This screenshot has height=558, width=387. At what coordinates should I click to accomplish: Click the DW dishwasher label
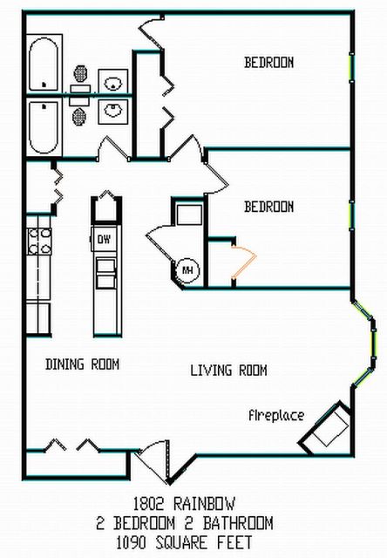tap(104, 240)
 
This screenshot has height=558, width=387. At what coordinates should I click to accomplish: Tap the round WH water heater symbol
tap(187, 270)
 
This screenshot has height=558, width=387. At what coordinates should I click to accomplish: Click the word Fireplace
tap(276, 415)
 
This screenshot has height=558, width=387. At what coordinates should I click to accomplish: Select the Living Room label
tap(228, 371)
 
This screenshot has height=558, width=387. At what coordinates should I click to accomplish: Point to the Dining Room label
tap(82, 364)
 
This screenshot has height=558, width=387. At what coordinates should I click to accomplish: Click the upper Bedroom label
tap(269, 63)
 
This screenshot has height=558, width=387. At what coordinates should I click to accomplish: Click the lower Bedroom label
tap(269, 207)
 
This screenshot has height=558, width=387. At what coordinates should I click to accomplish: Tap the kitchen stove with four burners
tap(39, 242)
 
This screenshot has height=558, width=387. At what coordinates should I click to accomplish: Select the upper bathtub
tap(44, 64)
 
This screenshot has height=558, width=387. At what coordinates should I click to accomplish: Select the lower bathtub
tap(44, 127)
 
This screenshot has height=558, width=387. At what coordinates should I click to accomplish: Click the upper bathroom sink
tap(112, 81)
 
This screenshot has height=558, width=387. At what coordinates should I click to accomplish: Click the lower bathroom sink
tap(112, 112)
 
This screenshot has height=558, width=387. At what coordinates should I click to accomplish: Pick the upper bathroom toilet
tap(80, 79)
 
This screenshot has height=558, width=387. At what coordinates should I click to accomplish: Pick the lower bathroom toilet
tap(80, 111)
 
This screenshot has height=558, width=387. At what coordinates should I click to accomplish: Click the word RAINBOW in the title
tap(204, 504)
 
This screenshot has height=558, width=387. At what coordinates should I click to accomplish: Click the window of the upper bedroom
tap(351, 68)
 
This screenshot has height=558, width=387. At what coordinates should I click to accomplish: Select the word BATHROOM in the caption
tap(238, 523)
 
